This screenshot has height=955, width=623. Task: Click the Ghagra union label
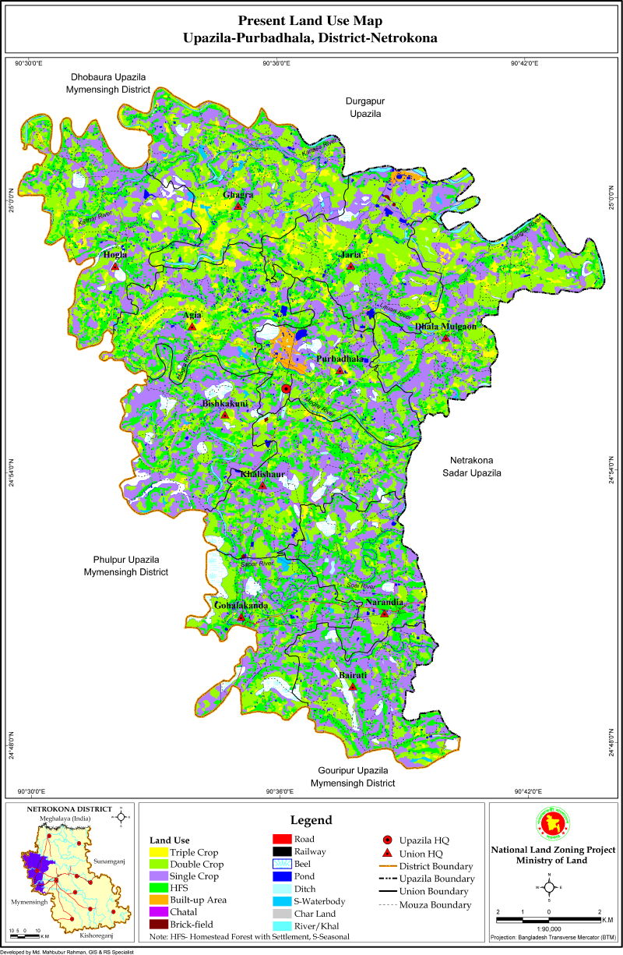pos(238,194)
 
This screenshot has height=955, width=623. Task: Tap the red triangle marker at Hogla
pos(114,266)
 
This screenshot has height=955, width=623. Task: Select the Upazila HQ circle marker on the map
pos(286,388)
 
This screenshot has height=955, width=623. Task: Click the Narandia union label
pos(384,602)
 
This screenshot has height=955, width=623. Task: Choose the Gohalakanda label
pos(241,606)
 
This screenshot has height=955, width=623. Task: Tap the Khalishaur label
pos(262,474)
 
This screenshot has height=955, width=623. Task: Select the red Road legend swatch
pos(282,839)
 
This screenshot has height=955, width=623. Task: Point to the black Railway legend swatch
pos(282,852)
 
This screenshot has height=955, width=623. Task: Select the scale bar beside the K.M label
pos(548,920)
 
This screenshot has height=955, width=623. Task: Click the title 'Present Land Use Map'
pos(311,21)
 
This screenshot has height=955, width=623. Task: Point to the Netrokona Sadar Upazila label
pos(472,466)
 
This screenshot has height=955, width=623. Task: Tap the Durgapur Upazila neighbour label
pos(364,107)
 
